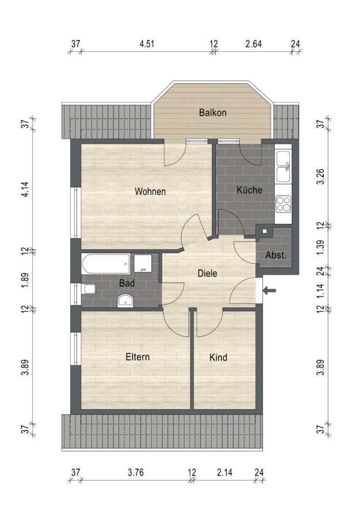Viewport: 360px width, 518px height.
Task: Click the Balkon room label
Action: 213,113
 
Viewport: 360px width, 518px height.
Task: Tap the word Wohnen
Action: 150,191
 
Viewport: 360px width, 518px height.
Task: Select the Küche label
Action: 250,189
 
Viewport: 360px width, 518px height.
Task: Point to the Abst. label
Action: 276,255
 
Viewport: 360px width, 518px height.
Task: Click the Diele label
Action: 207,273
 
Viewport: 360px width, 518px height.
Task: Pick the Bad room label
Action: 127,283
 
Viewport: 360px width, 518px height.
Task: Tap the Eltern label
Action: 137,357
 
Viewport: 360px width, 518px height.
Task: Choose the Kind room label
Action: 218,357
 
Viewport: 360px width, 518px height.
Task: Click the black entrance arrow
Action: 270,291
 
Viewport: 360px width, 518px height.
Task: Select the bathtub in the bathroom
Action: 106,264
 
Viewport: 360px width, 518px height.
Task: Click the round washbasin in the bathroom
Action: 125,300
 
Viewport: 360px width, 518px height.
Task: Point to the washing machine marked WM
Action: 143,263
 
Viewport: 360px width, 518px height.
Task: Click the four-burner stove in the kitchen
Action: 283,204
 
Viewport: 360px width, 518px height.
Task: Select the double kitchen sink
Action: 284,166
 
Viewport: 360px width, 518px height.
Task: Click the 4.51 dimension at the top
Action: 147,44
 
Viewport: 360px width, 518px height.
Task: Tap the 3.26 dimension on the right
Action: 320,177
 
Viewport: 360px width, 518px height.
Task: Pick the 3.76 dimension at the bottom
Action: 136,473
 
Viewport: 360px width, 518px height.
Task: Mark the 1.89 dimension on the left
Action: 25,280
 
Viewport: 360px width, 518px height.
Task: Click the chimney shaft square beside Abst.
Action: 265,231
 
